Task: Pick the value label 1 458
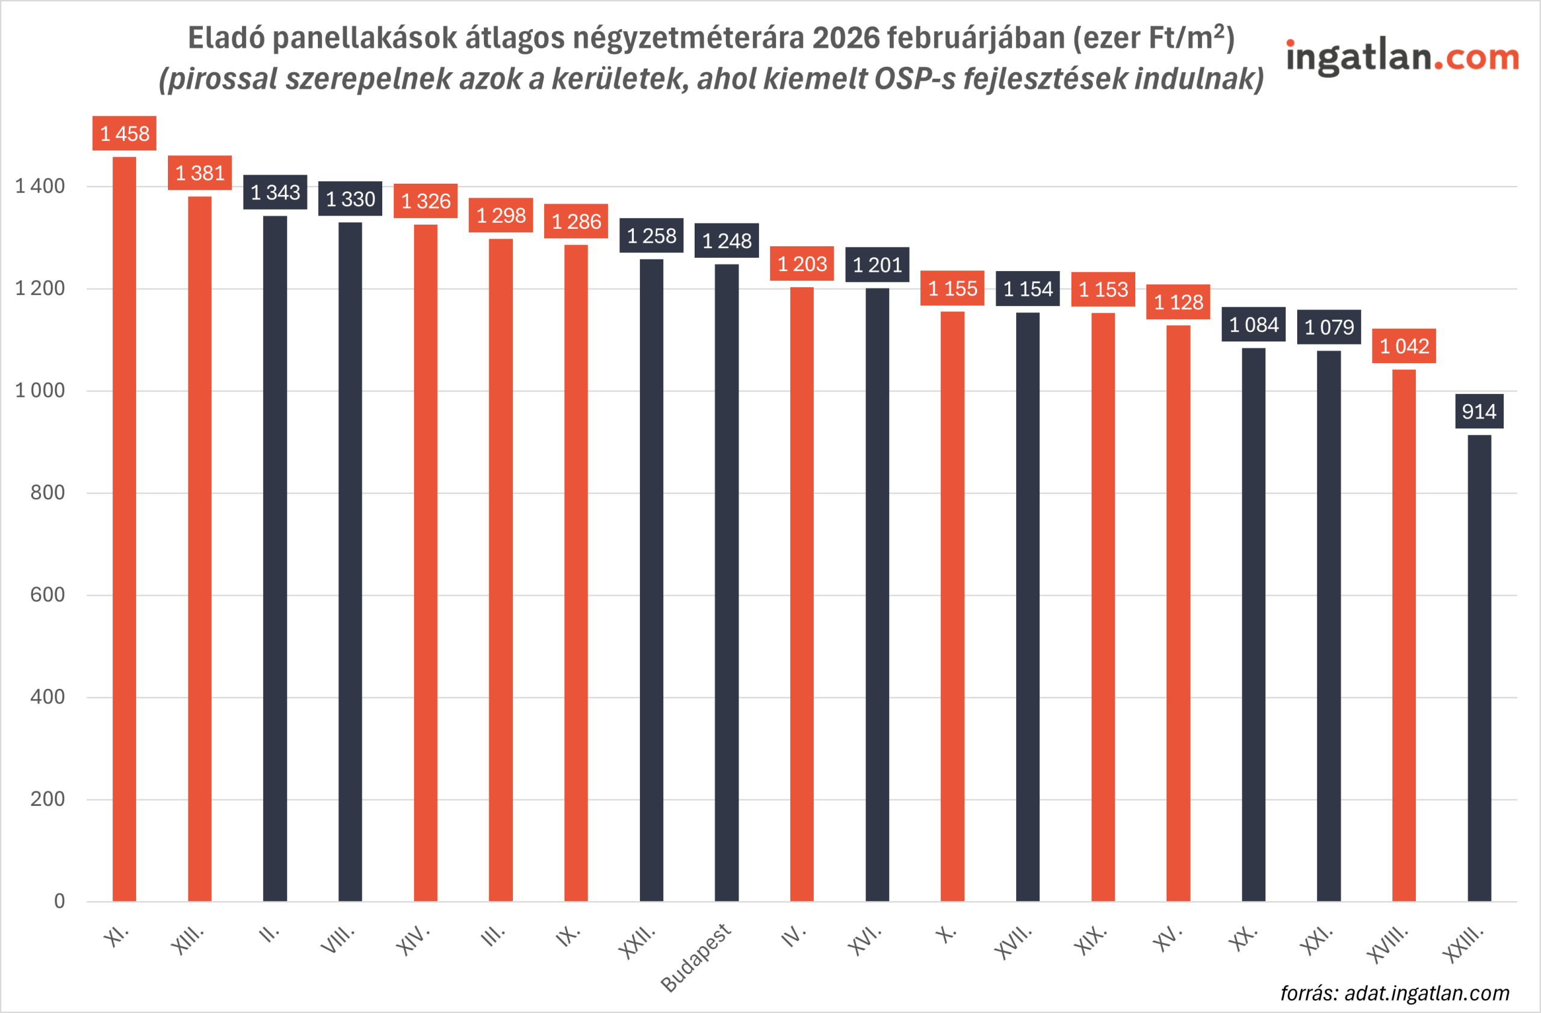click(x=125, y=134)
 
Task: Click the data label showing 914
click(x=1479, y=411)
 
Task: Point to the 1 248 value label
click(x=727, y=241)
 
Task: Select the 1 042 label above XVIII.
click(x=1404, y=346)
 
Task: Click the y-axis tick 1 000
click(x=40, y=390)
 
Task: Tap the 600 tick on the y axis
click(x=48, y=594)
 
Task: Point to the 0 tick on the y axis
click(x=59, y=901)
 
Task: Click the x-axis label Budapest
click(x=695, y=958)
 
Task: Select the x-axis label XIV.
click(x=412, y=941)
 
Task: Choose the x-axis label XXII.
click(x=636, y=943)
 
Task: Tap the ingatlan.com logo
click(x=1402, y=57)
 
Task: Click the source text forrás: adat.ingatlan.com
click(x=1395, y=993)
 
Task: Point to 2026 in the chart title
click(x=846, y=37)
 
